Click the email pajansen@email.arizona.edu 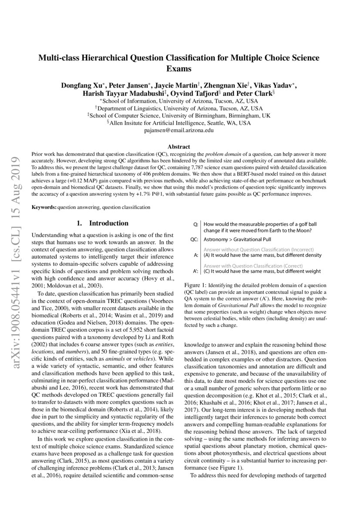[179, 130]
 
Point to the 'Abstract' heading [179, 147]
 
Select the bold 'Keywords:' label [44, 208]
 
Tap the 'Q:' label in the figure [195, 224]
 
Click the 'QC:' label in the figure [195, 239]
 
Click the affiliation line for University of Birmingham [179, 116]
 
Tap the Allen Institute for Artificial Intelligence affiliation [179, 123]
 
